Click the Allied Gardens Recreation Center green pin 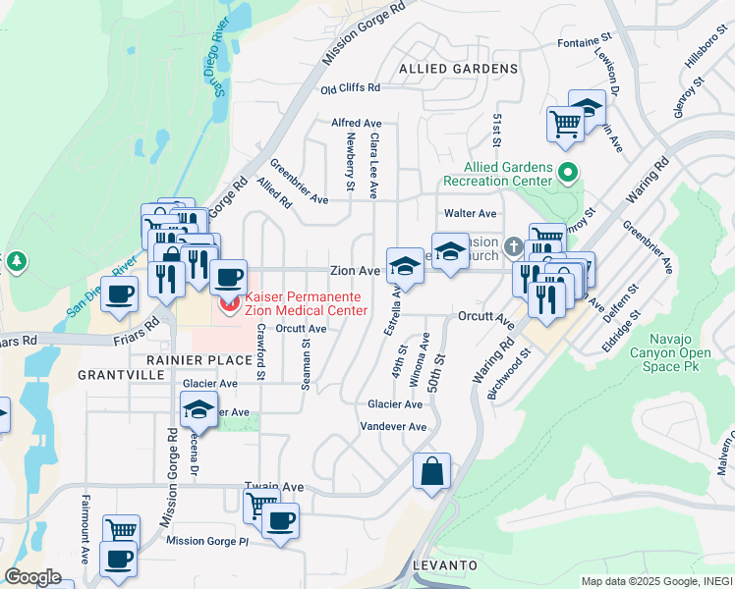pos(567,174)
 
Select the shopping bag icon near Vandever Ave pos(431,472)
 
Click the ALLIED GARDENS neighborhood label pos(459,69)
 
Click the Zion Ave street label pos(355,271)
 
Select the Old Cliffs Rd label pos(351,88)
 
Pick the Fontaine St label pos(585,43)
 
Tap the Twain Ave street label pos(267,486)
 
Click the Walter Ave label pos(470,213)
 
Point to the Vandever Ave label pos(393,427)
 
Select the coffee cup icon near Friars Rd pos(120,294)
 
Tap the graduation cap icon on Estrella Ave pos(404,265)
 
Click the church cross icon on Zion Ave pos(513,245)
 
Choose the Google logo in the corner pos(33,577)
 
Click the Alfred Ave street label pos(356,123)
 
